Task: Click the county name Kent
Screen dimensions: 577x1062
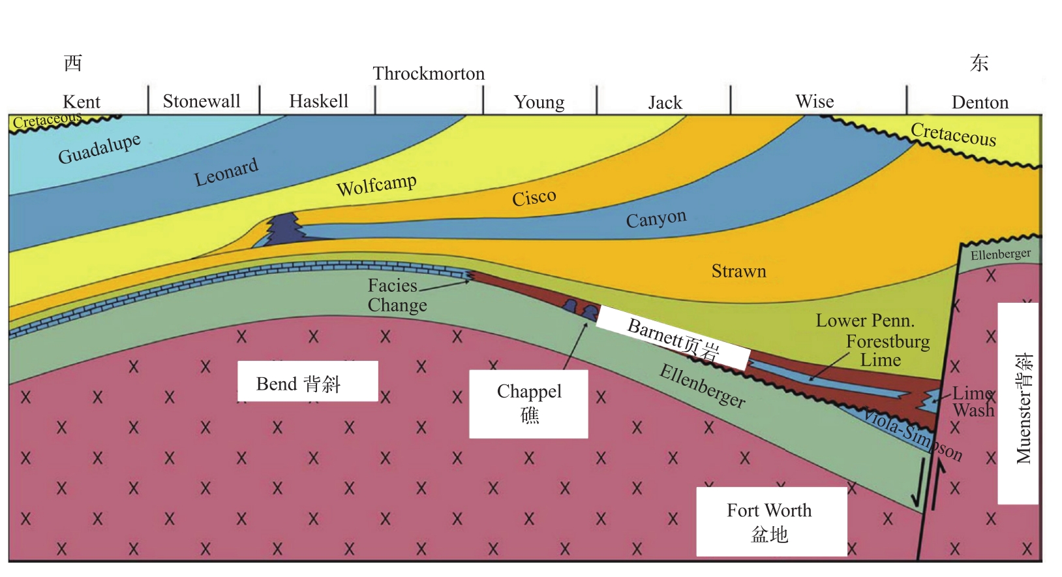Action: [x=82, y=102]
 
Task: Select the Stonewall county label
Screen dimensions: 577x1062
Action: [x=202, y=101]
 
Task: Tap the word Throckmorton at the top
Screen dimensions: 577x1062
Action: [x=429, y=74]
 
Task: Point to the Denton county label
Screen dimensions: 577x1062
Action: [x=980, y=102]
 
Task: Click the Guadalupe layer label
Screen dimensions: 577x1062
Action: [x=99, y=149]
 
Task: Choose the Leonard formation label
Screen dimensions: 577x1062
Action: [x=226, y=172]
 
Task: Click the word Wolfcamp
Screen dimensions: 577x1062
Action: [x=376, y=185]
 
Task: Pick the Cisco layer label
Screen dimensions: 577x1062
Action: [x=534, y=197]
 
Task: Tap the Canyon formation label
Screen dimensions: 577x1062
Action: [x=656, y=219]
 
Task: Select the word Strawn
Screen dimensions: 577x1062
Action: [x=738, y=272]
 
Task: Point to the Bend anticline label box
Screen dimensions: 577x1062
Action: [x=307, y=382]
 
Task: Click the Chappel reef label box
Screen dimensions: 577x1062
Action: [x=528, y=403]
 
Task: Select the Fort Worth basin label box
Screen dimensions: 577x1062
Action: [x=770, y=522]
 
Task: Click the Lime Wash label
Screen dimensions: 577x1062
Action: [x=973, y=401]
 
